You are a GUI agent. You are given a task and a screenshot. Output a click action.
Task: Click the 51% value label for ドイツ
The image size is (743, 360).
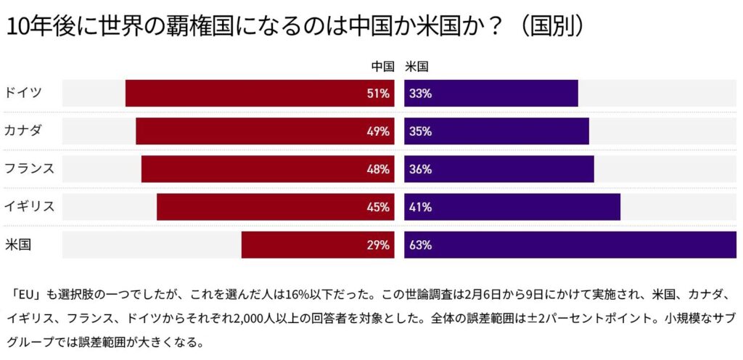pyautogui.click(x=378, y=94)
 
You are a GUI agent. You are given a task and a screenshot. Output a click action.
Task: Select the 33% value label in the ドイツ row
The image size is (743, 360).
pyautogui.click(x=421, y=94)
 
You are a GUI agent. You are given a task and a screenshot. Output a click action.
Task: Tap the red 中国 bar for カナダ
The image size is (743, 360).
pyautogui.click(x=265, y=131)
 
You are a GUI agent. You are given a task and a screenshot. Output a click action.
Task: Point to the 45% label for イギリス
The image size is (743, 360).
pyautogui.click(x=378, y=207)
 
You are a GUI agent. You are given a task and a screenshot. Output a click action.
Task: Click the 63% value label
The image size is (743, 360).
pyautogui.click(x=421, y=245)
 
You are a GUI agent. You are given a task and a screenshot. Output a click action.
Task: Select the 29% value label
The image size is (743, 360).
pyautogui.click(x=378, y=245)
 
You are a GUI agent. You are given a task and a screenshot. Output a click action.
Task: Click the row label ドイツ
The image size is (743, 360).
pyautogui.click(x=23, y=93)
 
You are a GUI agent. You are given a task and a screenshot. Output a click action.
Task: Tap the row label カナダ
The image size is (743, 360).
pyautogui.click(x=23, y=131)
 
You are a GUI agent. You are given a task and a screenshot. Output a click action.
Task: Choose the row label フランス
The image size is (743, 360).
pyautogui.click(x=29, y=168)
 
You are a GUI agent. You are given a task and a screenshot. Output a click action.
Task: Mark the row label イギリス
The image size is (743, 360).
pyautogui.click(x=29, y=206)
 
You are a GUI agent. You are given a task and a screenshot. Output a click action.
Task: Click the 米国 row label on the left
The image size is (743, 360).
pyautogui.click(x=17, y=244)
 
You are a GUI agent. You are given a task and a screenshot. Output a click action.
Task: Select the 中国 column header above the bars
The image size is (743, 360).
pyautogui.click(x=382, y=67)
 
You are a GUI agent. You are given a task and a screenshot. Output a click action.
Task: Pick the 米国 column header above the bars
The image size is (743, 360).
pyautogui.click(x=416, y=67)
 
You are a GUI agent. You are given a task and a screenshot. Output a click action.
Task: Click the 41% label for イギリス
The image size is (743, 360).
pyautogui.click(x=421, y=207)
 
